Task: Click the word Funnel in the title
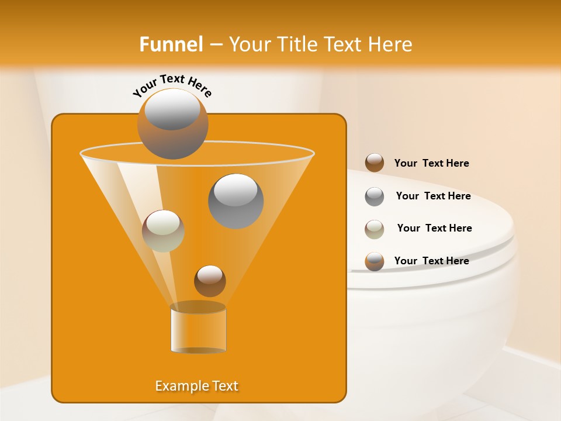point(171,44)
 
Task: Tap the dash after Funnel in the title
point(215,45)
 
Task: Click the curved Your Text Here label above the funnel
point(172,86)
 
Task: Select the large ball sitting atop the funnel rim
point(172,124)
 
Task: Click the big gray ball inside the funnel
point(236,201)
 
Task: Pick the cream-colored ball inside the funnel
point(163,231)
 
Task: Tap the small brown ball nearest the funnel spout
point(210,281)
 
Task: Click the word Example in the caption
point(181,386)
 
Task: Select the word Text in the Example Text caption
point(224,386)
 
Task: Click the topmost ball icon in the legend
point(375,163)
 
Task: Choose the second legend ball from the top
point(375,196)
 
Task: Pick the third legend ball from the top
point(375,229)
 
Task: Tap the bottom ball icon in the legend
point(375,261)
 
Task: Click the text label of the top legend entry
point(431,163)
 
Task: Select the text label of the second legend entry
point(433,196)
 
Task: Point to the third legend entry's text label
point(434,228)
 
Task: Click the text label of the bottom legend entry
point(431,261)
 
